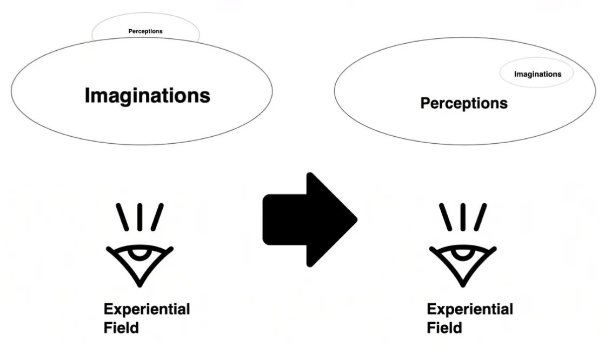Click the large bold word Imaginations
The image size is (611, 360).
(x=147, y=96)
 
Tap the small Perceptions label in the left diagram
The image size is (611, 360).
(x=145, y=31)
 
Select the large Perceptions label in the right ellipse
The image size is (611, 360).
(x=464, y=104)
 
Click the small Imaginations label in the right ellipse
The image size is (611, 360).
(x=538, y=75)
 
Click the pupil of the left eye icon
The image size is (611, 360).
(x=140, y=254)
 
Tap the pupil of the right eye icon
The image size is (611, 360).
(x=462, y=254)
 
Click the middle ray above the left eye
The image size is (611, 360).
(x=140, y=217)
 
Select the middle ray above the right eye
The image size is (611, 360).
(x=463, y=217)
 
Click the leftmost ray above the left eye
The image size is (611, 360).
(x=122, y=217)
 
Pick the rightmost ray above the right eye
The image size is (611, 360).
(x=480, y=217)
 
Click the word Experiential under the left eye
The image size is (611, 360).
(x=147, y=310)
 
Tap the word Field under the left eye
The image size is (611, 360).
(x=121, y=328)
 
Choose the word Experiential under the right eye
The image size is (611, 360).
(x=470, y=310)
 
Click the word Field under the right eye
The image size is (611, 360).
(x=444, y=328)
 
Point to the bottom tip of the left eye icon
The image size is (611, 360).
(x=140, y=285)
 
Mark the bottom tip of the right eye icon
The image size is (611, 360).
(x=463, y=285)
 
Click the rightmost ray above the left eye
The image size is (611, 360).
(x=157, y=217)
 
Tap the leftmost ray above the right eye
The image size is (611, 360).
(x=446, y=217)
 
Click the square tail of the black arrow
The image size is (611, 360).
(x=284, y=220)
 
